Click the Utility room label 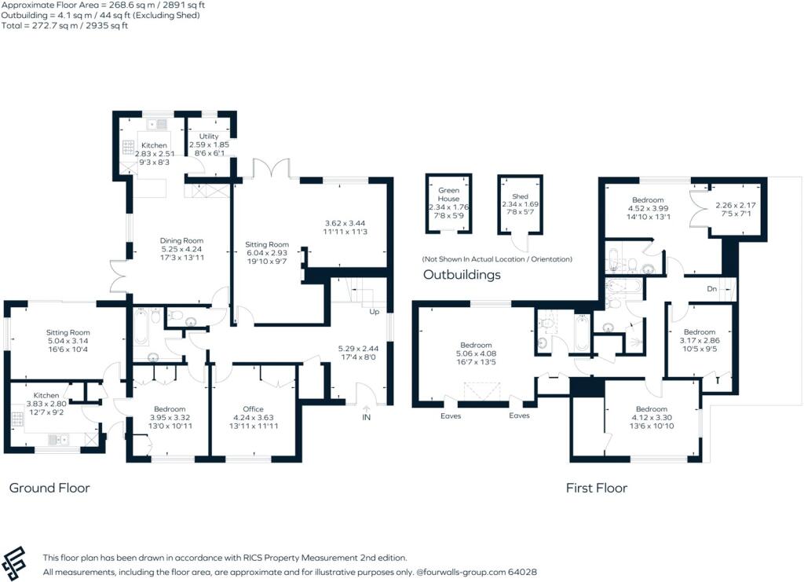209,137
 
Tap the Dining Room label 182,240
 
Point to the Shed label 519,196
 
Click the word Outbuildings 462,276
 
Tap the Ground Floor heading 49,488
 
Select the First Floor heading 597,488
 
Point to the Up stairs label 375,312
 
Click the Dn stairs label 712,289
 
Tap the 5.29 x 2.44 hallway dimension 358,348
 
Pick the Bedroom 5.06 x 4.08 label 476,346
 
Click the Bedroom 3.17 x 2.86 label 699,332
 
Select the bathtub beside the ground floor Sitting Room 141,328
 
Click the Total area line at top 53,25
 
